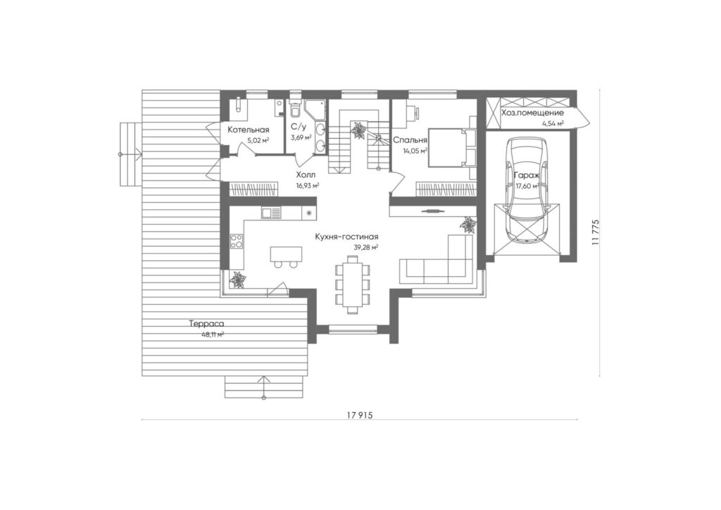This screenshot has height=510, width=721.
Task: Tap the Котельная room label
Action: (x=249, y=130)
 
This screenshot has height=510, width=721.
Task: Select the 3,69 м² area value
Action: (x=301, y=137)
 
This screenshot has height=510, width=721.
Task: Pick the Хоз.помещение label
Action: (x=532, y=113)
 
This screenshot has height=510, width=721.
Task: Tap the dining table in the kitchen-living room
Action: (x=353, y=285)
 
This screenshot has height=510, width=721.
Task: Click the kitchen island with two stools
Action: (x=286, y=256)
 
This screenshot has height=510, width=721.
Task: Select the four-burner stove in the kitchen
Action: (x=237, y=241)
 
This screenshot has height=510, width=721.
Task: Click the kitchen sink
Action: (x=271, y=213)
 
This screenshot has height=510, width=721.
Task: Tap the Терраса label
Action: (x=206, y=324)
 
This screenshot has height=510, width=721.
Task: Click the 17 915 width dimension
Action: (x=359, y=416)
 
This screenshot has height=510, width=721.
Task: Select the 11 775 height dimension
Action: (x=596, y=233)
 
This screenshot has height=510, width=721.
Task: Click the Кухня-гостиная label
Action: (x=346, y=237)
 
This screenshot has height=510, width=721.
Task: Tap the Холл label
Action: (x=306, y=175)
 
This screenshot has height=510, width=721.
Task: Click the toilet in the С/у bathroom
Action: (x=295, y=109)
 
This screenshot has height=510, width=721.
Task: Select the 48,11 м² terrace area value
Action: (x=213, y=335)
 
